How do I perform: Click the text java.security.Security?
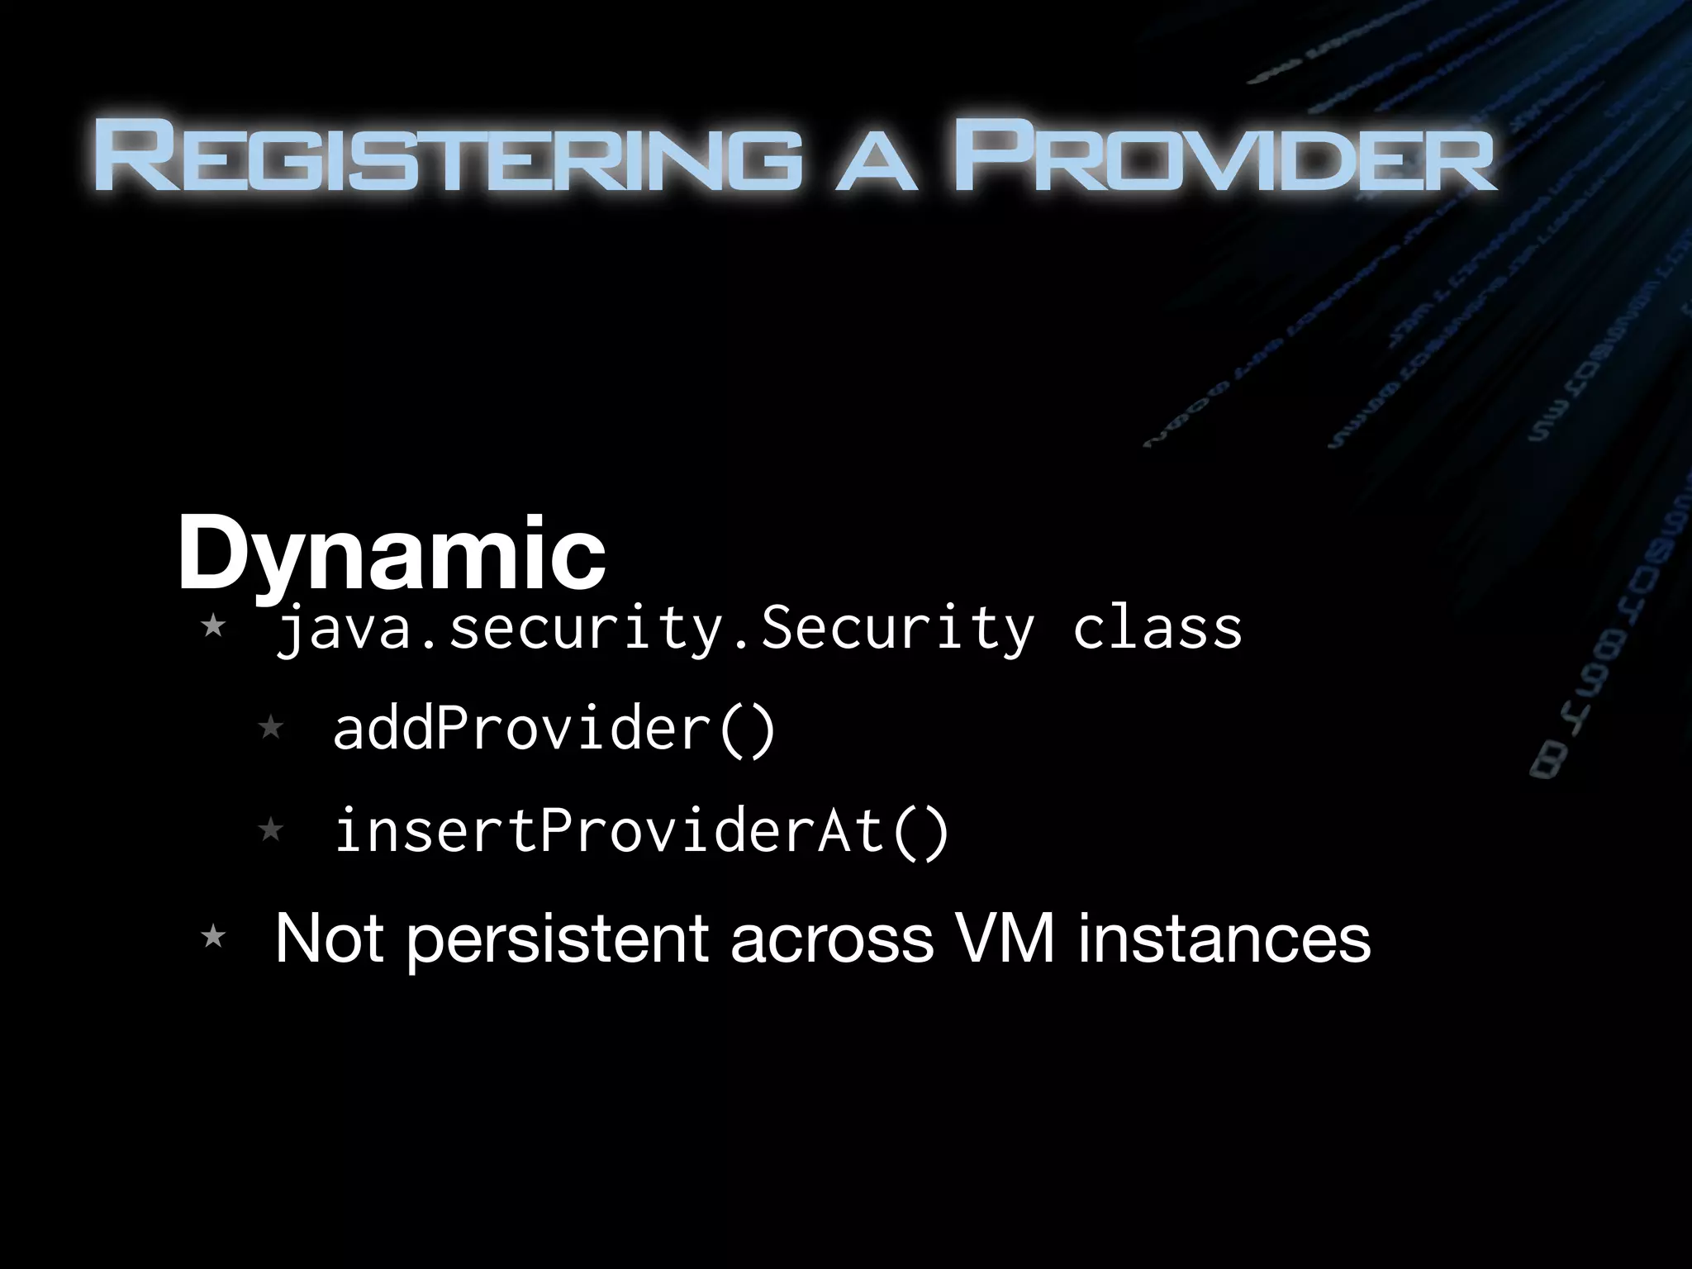click(653, 630)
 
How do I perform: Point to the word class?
click(1157, 630)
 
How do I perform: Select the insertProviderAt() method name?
click(641, 831)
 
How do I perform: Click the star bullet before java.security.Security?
click(213, 625)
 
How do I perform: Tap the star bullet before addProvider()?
click(271, 728)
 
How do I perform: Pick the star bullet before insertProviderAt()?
click(271, 829)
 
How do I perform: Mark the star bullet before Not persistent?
click(213, 937)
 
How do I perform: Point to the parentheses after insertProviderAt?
click(921, 831)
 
